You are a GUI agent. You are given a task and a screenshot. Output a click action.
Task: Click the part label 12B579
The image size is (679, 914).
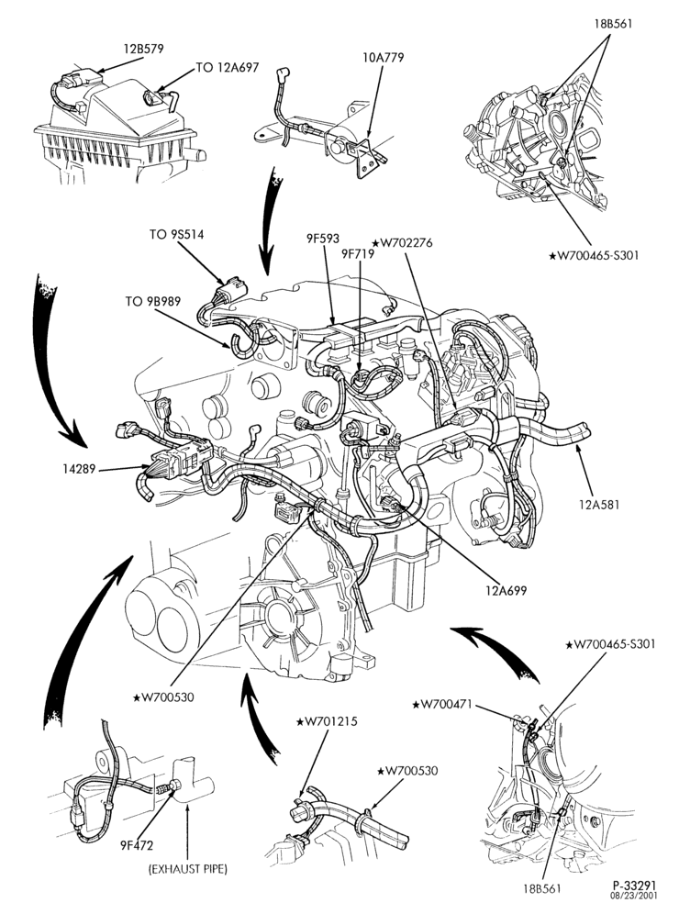coord(143,49)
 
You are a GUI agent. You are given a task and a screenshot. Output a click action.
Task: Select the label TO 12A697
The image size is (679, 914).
coord(228,68)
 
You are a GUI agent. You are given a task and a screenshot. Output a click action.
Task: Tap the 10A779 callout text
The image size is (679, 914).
coord(383,57)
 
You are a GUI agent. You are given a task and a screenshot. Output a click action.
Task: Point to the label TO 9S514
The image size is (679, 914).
coord(176,235)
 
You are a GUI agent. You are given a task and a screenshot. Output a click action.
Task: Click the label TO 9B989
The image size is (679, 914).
coord(152,301)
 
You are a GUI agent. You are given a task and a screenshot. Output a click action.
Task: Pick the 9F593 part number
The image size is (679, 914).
coord(323,239)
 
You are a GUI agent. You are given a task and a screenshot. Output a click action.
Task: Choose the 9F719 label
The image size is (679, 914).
coord(358,253)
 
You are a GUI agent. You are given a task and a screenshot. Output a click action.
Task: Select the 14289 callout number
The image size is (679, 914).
coord(81,467)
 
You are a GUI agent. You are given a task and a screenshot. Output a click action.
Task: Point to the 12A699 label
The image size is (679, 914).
coord(506,590)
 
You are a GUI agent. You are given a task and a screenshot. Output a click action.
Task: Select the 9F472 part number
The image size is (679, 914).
coord(138,844)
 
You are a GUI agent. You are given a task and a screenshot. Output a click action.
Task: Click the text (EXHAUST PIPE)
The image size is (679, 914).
coord(188,869)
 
